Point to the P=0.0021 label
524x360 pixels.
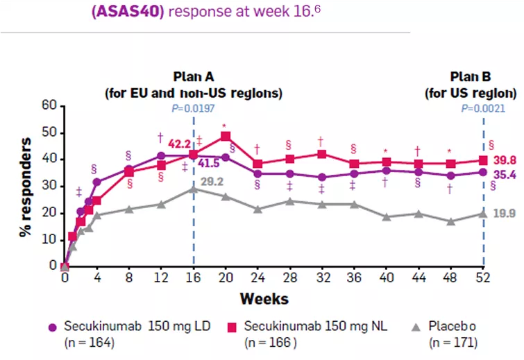[x=483, y=108]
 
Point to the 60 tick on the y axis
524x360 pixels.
[x=48, y=105]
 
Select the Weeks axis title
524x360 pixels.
[x=264, y=300]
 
